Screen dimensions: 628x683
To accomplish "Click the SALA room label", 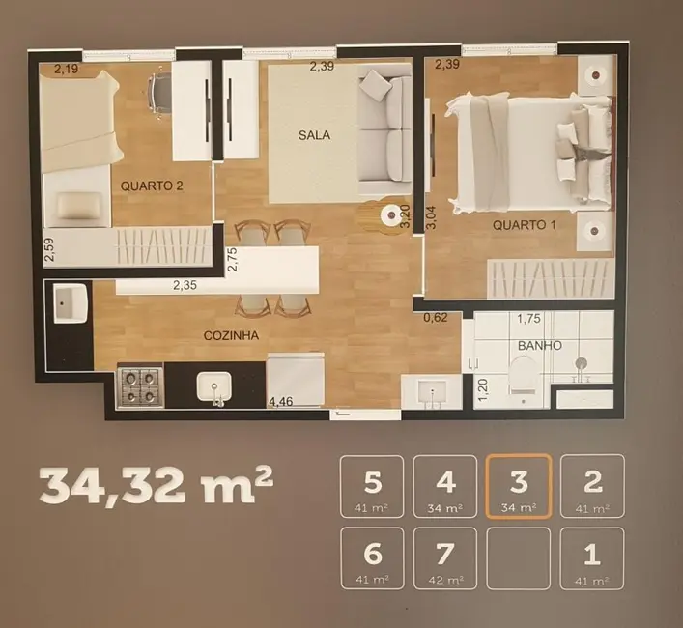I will [314, 135].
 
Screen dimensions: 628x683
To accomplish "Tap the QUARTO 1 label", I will [525, 226].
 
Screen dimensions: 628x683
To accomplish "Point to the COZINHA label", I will [229, 335].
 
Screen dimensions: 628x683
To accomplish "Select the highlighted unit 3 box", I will [519, 486].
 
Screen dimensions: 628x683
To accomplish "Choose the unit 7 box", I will [444, 558].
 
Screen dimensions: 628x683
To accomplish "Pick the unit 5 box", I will [371, 486].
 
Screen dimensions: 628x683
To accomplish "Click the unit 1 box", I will [592, 558].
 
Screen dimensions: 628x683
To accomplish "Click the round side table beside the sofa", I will [390, 215].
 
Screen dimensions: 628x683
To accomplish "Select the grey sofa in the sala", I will [384, 130].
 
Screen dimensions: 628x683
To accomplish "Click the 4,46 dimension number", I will [280, 402].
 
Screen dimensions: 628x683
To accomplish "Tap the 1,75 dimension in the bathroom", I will [528, 319].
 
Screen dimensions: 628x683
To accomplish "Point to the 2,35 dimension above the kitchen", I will [185, 285].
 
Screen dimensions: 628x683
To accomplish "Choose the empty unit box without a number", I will [519, 558].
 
